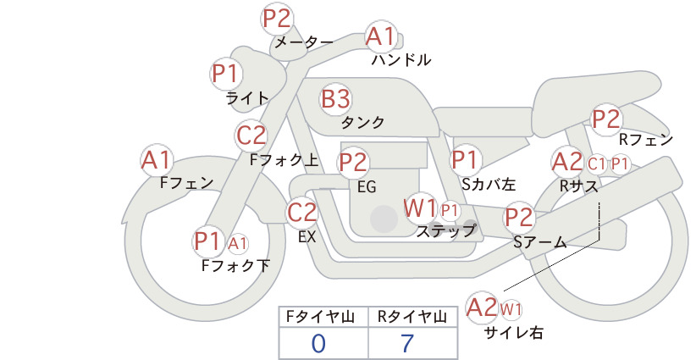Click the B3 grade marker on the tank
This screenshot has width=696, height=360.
point(335,99)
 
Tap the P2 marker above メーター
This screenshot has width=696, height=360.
point(277,19)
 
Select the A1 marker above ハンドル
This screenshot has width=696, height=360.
point(380,36)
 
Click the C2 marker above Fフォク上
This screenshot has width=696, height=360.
point(251,136)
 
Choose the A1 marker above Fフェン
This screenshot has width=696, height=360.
point(156,160)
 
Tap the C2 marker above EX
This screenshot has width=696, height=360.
point(301,212)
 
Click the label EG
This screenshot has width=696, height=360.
point(367,187)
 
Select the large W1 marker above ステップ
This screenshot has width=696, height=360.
point(420,208)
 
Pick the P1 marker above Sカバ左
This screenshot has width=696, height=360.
point(465,160)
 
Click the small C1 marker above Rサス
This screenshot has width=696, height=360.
point(596,164)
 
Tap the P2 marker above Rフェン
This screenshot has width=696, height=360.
point(606,119)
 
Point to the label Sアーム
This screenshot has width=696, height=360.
point(540,242)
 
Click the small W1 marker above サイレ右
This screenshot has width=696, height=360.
point(511,309)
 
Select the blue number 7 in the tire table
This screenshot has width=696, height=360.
point(407,343)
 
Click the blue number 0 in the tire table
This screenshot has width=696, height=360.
point(318,343)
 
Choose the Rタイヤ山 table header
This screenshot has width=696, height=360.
point(412,317)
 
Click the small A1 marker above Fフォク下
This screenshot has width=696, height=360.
point(238,244)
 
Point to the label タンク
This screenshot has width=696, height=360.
point(362,123)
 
